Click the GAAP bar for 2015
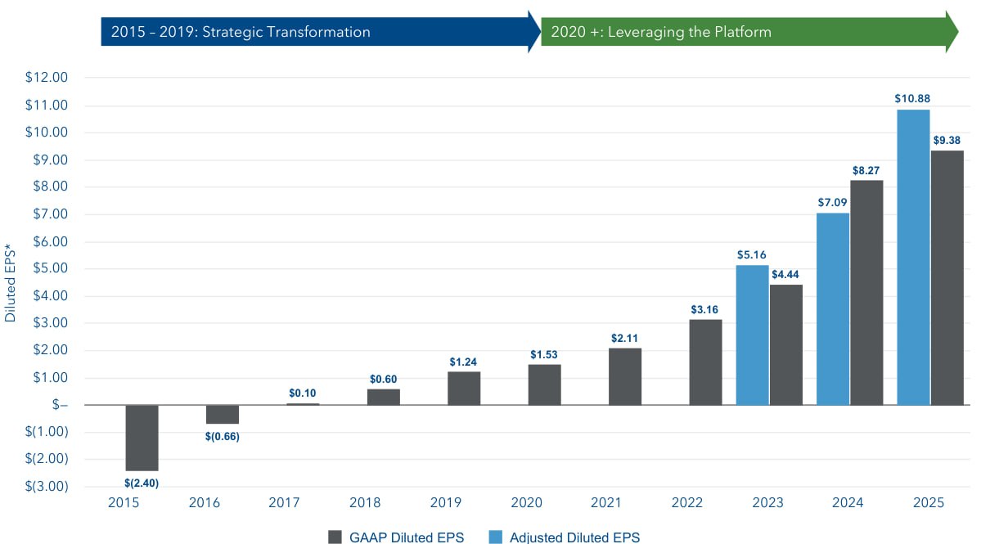coord(142,438)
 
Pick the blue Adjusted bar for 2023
coord(752,335)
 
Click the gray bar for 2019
coord(464,388)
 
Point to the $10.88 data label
coord(912,98)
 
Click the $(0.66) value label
coord(222,436)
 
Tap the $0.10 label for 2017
coord(303,393)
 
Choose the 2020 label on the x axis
coord(544,503)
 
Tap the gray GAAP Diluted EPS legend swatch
coord(335,537)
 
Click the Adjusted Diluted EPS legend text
coord(574,537)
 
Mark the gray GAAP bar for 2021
coord(625,376)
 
